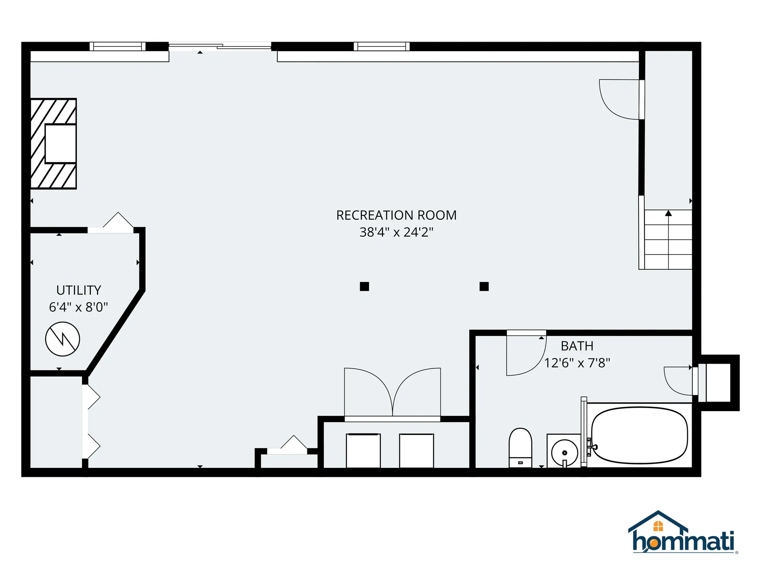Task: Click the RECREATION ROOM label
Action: [x=396, y=215]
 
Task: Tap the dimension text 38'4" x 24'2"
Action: [x=396, y=232]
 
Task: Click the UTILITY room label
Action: [x=78, y=290]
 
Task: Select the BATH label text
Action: [x=577, y=346]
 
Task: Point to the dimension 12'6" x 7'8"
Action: [x=577, y=363]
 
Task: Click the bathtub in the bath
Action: [x=639, y=435]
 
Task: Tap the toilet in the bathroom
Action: [x=520, y=447]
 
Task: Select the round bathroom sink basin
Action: [x=564, y=453]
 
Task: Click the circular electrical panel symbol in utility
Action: [x=63, y=339]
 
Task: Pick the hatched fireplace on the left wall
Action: [x=54, y=144]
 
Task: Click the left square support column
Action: [x=364, y=286]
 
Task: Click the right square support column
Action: [x=484, y=286]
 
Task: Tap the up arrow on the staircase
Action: [x=668, y=214]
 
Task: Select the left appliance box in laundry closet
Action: [x=363, y=451]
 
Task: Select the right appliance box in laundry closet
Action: [x=416, y=451]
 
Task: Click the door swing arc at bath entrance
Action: [x=523, y=357]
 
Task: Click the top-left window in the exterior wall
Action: [x=117, y=47]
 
